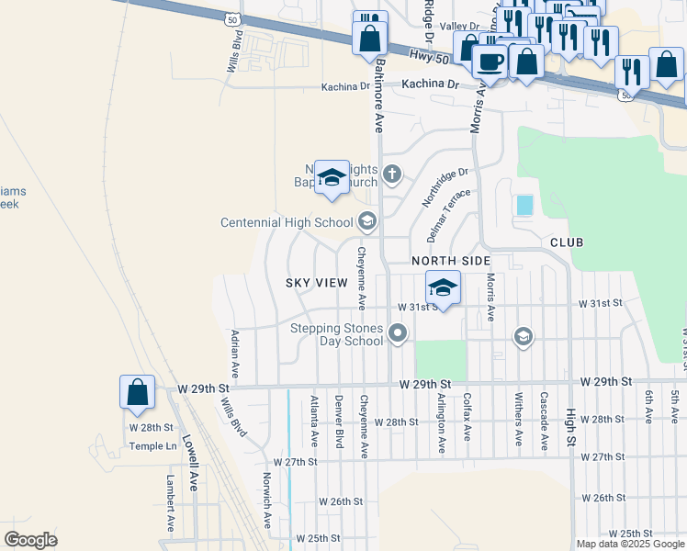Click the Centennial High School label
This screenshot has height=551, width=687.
click(287, 222)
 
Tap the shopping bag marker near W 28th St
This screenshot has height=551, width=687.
click(137, 392)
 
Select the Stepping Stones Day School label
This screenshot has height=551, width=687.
click(337, 334)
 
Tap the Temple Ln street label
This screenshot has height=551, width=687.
click(152, 446)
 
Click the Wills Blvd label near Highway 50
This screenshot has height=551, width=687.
click(235, 52)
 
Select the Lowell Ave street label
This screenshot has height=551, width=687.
click(190, 464)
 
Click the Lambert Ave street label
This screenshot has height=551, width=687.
click(170, 503)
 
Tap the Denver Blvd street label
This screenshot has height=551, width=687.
click(339, 421)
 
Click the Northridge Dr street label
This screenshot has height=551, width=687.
click(445, 185)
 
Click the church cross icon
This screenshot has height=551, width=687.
click(392, 174)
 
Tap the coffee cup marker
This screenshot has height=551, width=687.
click(489, 62)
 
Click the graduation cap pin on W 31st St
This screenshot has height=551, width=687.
click(444, 288)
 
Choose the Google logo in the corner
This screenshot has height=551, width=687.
click(30, 540)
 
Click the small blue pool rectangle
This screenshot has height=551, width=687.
click(524, 205)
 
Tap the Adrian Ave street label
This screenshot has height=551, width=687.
click(235, 354)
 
